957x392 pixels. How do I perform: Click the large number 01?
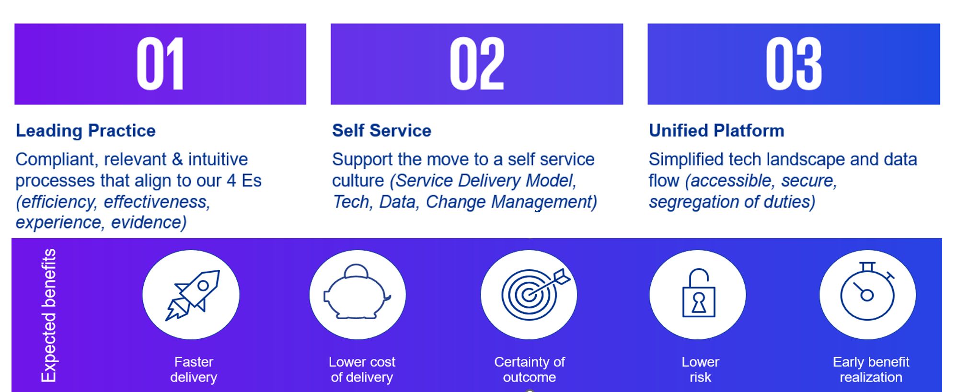pyautogui.click(x=160, y=64)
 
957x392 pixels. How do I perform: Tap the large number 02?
pyautogui.click(x=477, y=64)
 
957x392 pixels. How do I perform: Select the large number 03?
pyautogui.click(x=794, y=64)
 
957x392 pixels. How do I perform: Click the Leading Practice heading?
pyautogui.click(x=86, y=130)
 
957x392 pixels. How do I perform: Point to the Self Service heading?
pyautogui.click(x=381, y=130)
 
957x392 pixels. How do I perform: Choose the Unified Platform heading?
pyautogui.click(x=716, y=130)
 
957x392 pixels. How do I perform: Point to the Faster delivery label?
pyautogui.click(x=194, y=369)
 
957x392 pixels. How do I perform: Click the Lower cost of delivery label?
pyautogui.click(x=362, y=369)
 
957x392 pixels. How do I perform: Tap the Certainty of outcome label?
pyautogui.click(x=530, y=369)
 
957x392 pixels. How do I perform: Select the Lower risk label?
pyautogui.click(x=700, y=369)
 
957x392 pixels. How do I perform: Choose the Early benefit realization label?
pyautogui.click(x=871, y=369)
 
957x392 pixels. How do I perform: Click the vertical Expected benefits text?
pyautogui.click(x=49, y=315)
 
